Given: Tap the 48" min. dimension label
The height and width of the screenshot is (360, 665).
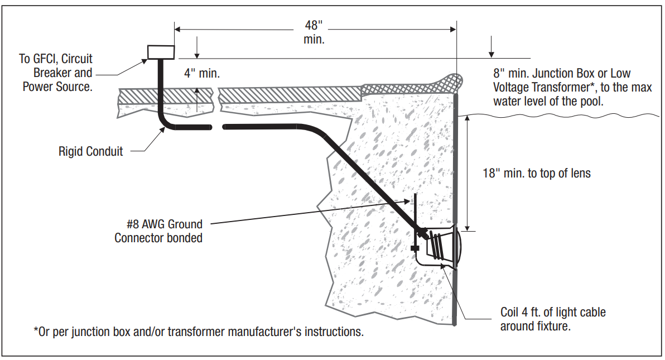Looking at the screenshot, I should point(314,32).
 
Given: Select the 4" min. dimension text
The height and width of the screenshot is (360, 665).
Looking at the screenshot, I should point(201,73).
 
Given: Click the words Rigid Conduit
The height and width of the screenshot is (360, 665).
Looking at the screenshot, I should point(90,151).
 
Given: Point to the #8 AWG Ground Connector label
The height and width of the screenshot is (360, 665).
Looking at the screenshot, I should point(158,231).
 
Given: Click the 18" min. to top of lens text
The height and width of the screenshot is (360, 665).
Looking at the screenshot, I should point(536,173).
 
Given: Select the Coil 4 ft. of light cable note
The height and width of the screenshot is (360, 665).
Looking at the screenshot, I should point(553,319).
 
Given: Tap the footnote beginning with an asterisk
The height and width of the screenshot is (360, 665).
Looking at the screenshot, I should point(199,332).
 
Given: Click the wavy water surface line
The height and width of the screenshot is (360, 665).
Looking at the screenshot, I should point(558,116).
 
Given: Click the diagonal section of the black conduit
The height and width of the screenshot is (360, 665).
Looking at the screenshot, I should point(368,179).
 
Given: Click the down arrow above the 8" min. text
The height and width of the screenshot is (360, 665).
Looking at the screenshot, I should point(491,52).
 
